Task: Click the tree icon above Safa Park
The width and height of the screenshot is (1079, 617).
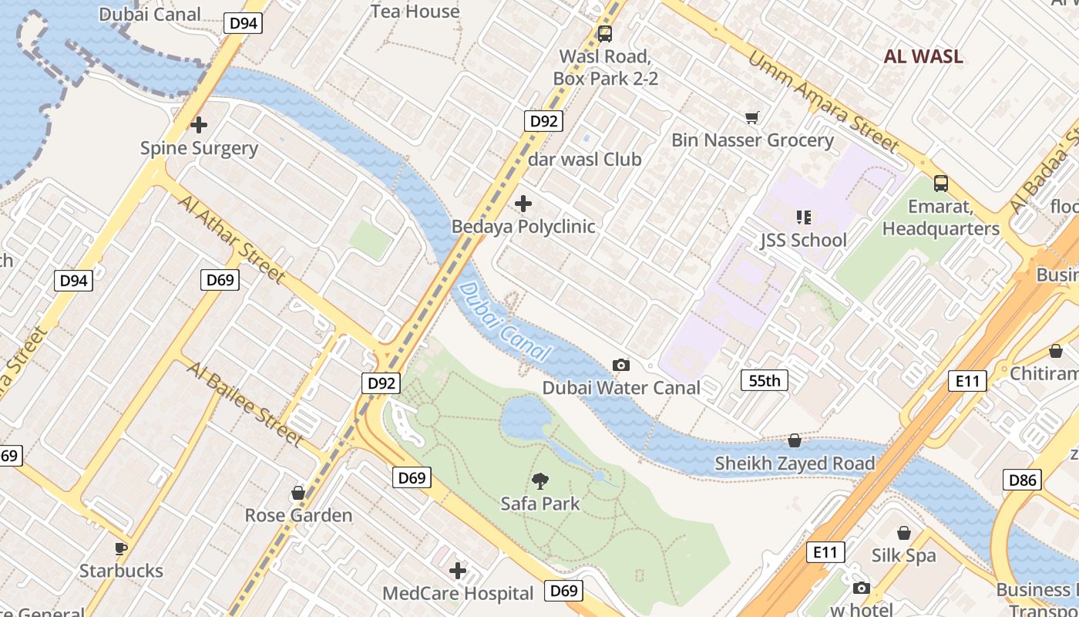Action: pos(540,481)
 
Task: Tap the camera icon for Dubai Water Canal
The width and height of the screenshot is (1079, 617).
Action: pos(620,365)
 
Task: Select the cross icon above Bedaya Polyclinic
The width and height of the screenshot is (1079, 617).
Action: pos(523,204)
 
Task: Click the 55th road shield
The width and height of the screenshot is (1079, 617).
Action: pos(764,380)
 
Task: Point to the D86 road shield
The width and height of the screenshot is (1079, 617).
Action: pos(1024,480)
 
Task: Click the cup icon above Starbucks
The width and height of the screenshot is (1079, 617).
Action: pos(120,548)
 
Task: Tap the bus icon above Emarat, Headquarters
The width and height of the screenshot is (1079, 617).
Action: pos(940,184)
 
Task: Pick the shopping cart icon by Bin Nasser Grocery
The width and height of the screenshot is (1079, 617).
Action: pos(751,117)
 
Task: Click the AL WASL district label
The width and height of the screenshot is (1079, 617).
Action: pos(923,56)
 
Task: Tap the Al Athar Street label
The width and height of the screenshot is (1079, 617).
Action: pos(232,238)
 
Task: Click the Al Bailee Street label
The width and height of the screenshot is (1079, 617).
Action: pos(244,403)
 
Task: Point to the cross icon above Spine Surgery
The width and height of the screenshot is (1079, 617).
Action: pos(199,124)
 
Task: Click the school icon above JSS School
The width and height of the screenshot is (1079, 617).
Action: pos(803,217)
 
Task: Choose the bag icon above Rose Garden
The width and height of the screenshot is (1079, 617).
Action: pos(298,493)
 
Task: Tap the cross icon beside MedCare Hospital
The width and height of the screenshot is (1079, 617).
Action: pos(458,571)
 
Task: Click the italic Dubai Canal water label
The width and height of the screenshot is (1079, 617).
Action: pos(505,322)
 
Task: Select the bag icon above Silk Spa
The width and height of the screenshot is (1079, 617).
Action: pos(904,533)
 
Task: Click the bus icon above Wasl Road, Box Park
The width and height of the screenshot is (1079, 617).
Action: pos(605,34)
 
